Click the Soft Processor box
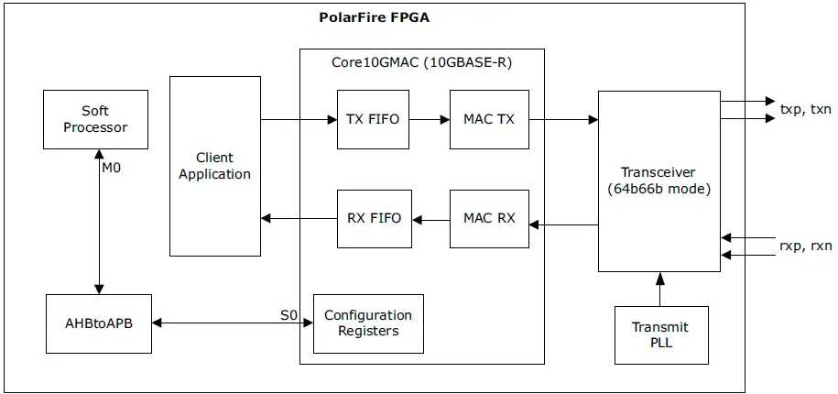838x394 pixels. click(x=95, y=119)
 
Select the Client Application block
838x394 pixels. click(x=215, y=166)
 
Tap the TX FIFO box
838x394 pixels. click(x=373, y=119)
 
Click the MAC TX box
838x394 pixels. click(x=489, y=119)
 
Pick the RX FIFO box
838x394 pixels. click(x=374, y=218)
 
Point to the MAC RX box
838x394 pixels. click(x=489, y=218)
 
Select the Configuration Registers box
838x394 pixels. click(x=368, y=323)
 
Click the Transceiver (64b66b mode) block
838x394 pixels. click(x=658, y=181)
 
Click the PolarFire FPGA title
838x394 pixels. click(x=374, y=16)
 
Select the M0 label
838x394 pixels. click(x=112, y=168)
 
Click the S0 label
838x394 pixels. click(x=289, y=315)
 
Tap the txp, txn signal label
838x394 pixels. click(x=805, y=109)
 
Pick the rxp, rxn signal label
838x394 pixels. click(x=805, y=245)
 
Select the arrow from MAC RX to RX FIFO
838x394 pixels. click(x=430, y=218)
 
